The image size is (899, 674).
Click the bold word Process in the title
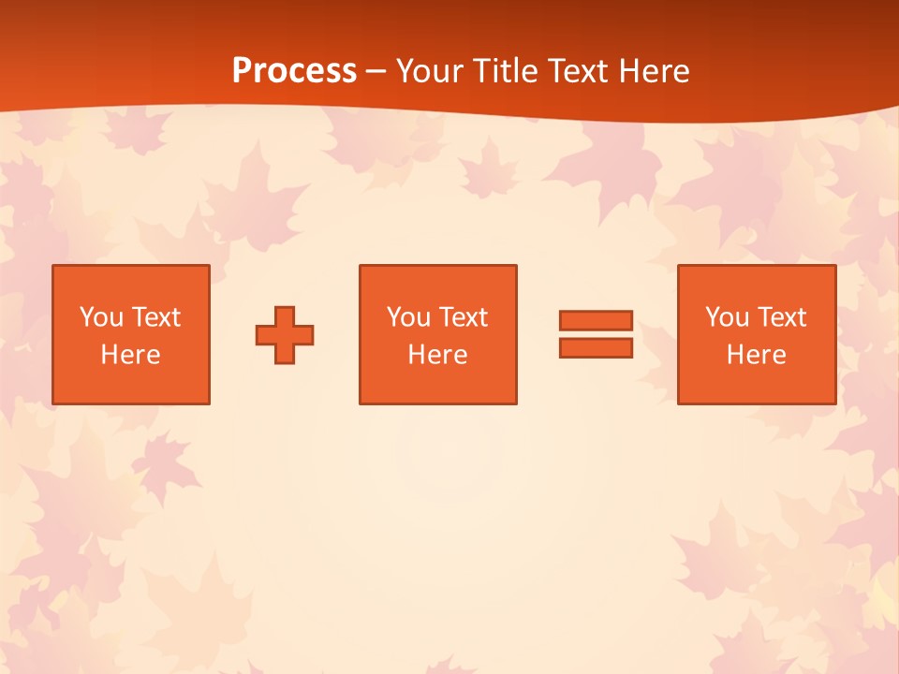point(294,71)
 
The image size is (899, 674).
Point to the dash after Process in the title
point(376,71)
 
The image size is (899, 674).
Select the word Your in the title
point(427,71)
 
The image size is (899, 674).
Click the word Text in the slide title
point(577,71)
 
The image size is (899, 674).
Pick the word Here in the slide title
point(654,71)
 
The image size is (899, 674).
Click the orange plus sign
point(285,334)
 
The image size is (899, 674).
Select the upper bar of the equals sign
point(596,321)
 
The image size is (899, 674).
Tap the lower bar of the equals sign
point(596,348)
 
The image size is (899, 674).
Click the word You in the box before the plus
point(102,317)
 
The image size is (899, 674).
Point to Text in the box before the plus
point(155,317)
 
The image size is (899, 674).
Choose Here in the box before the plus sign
point(130,355)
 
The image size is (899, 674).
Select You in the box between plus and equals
point(409,317)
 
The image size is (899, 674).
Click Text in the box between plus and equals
point(463,317)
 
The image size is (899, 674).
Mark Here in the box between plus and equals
point(437,355)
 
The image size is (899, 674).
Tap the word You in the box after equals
point(728,317)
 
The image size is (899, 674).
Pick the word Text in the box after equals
point(781,317)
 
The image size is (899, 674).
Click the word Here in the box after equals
point(756,355)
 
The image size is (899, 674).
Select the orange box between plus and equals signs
point(437,384)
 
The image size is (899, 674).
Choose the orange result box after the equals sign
point(756,384)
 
